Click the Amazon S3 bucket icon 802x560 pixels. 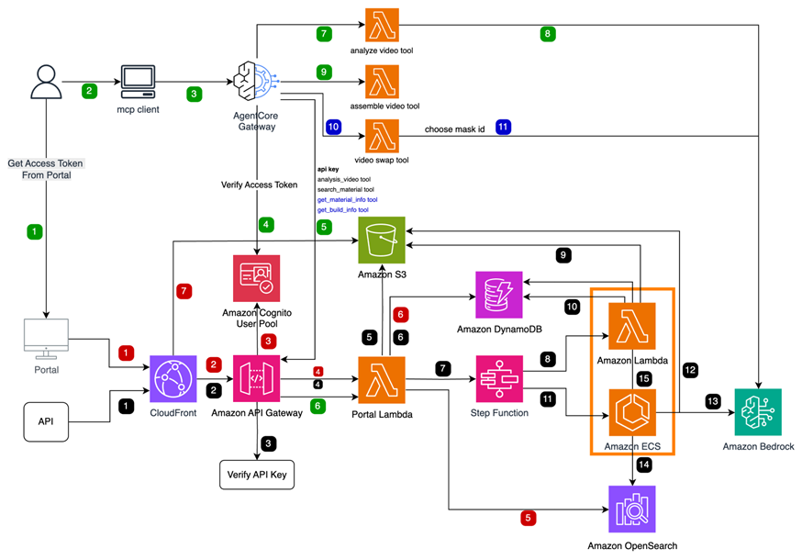coord(383,241)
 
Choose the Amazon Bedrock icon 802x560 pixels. coord(758,412)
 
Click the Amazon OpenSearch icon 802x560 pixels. coord(633,509)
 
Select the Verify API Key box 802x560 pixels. coord(258,475)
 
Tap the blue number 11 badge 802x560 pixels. coord(503,128)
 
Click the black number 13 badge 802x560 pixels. coord(713,401)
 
